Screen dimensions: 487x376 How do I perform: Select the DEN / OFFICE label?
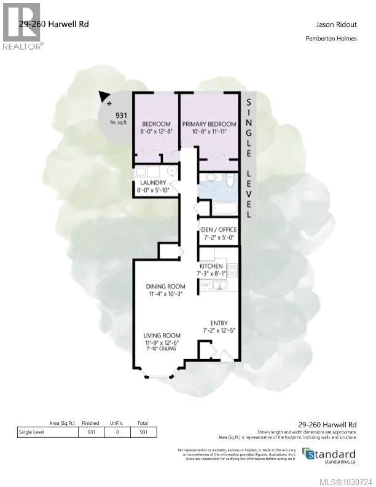219,229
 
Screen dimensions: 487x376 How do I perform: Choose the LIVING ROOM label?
162,335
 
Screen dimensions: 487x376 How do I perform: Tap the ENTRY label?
219,323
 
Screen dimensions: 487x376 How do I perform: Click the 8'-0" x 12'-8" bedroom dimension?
156,131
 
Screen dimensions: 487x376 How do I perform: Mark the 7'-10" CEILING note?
160,349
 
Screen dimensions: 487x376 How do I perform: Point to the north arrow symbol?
105,96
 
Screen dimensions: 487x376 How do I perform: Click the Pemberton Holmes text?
332,40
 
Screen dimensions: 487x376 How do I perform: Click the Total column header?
143,424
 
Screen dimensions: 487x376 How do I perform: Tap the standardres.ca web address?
335,462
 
